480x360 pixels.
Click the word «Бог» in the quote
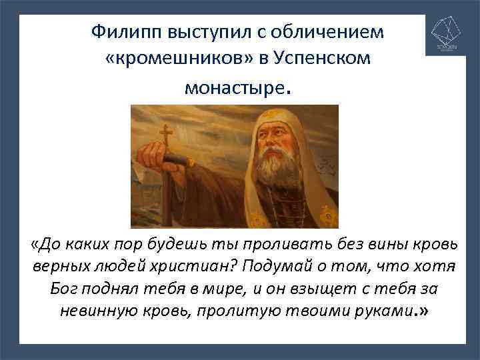tap(65, 289)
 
